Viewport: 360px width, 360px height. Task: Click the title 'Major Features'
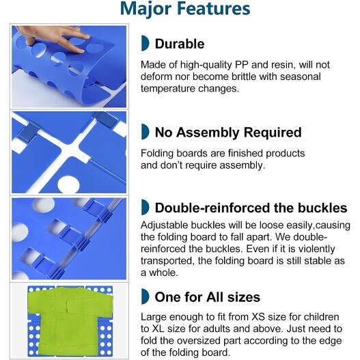[x=185, y=9]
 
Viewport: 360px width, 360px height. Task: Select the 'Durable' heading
[x=180, y=44]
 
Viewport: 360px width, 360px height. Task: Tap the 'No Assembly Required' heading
[x=228, y=133]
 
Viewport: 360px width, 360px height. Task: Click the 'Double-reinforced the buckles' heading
[x=251, y=208]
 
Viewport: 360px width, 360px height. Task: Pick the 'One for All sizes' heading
[x=207, y=297]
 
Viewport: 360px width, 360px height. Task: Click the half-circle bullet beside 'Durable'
[x=145, y=43]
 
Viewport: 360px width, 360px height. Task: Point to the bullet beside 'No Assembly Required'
[x=145, y=132]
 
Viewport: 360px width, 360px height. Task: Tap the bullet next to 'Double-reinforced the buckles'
[x=145, y=207]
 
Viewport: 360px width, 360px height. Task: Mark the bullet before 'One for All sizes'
[x=145, y=296]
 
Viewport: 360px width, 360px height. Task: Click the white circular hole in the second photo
[x=68, y=184]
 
